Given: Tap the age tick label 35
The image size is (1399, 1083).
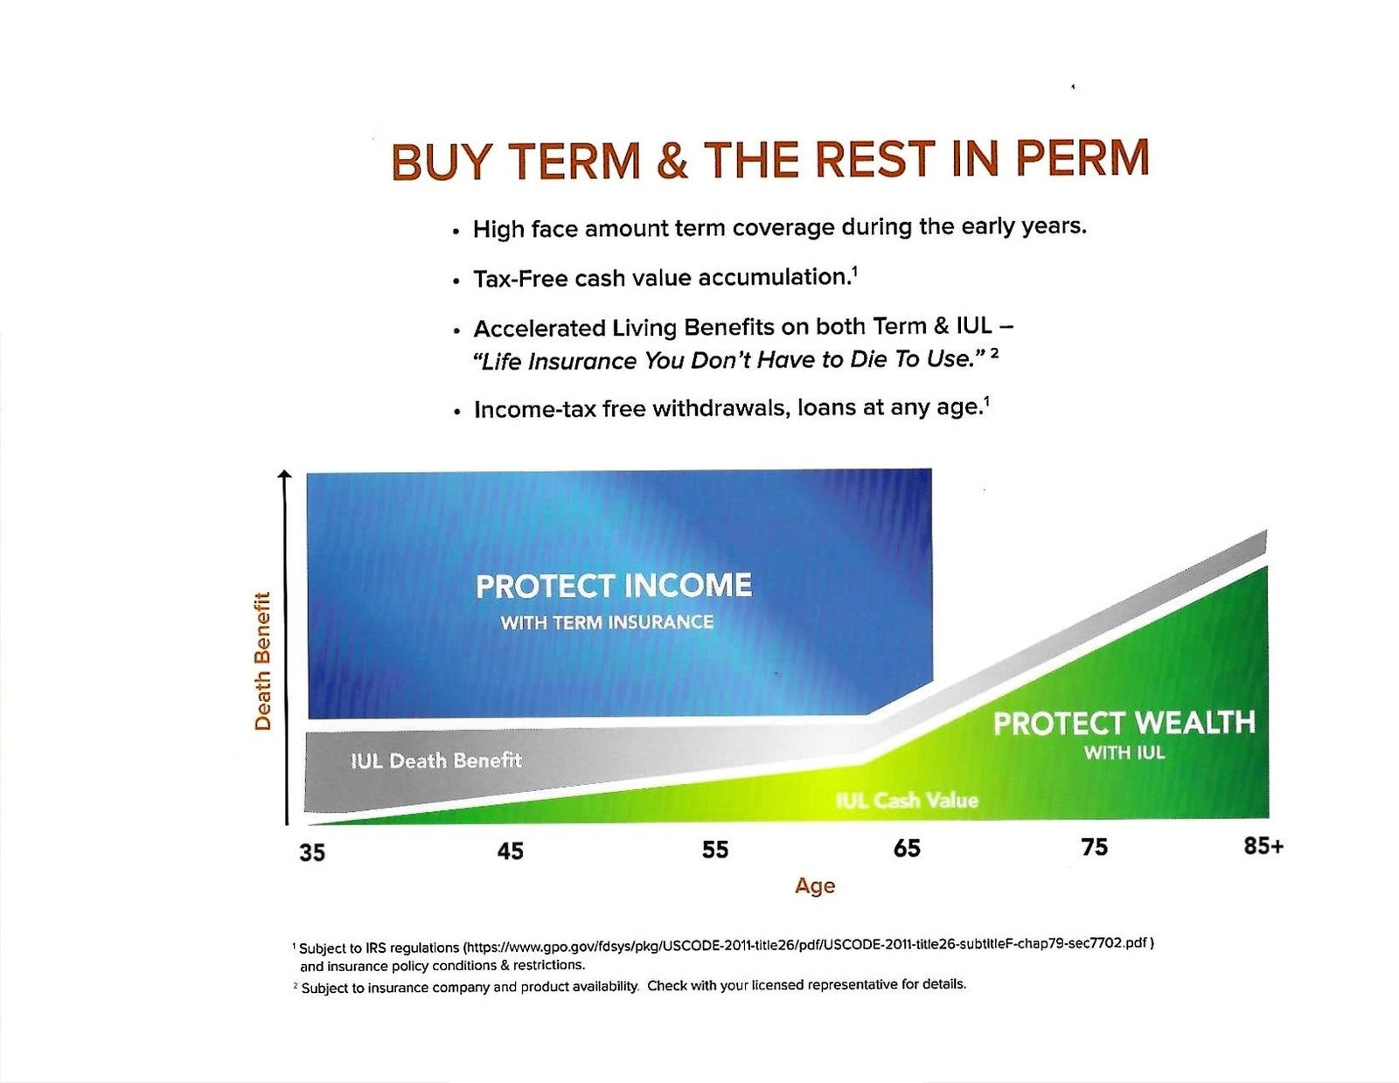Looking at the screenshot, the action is [312, 852].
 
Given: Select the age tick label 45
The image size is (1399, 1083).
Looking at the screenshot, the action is [510, 851].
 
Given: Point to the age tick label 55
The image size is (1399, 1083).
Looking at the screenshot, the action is [714, 850].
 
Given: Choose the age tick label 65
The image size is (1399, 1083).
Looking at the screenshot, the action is [907, 849].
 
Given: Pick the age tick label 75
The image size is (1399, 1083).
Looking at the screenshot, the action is [1095, 848].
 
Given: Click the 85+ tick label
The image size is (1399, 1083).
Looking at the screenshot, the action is [1263, 846].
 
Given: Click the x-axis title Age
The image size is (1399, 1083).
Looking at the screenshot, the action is [814, 886].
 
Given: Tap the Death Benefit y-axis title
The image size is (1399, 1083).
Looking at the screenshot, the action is [262, 661].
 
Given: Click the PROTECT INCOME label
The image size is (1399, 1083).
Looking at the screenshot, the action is [614, 587].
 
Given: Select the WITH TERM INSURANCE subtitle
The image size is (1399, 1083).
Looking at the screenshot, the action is [607, 622].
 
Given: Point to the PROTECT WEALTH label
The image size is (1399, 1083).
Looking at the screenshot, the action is [1124, 723].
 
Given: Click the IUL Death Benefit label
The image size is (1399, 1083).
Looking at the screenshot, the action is [435, 760].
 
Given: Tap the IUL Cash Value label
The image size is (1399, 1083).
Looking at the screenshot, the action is [907, 801].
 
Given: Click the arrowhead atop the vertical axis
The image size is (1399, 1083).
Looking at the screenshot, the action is [284, 475].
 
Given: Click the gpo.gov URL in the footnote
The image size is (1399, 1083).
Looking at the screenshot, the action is [807, 945].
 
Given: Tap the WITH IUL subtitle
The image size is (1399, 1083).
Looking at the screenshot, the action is [1124, 753].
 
